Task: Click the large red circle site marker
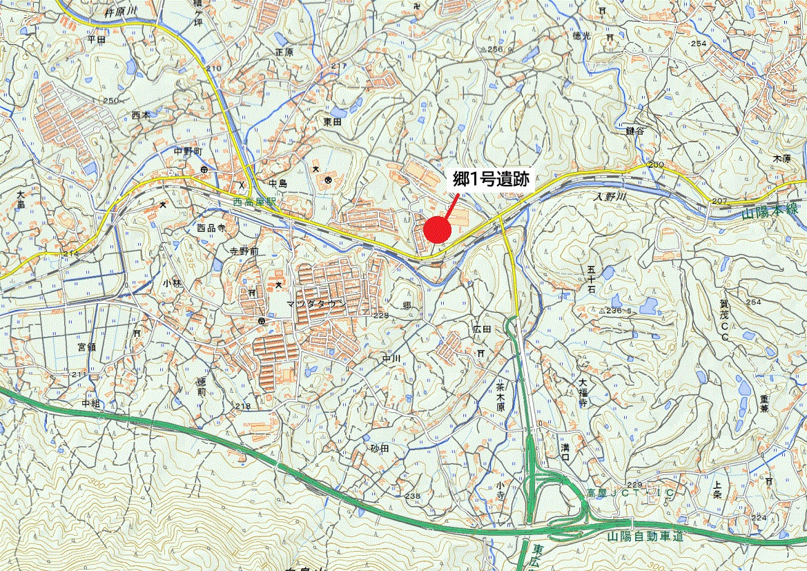tap(436, 229)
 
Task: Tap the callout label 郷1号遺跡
tap(491, 180)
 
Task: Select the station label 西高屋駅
tap(254, 204)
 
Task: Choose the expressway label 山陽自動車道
tap(645, 536)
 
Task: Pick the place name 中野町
tap(187, 152)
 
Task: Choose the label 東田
tap(333, 122)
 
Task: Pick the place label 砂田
tap(380, 449)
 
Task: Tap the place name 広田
tap(481, 330)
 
